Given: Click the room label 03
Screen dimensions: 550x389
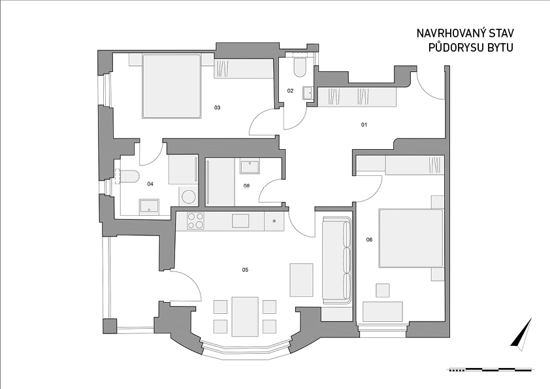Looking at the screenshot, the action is click(217, 107).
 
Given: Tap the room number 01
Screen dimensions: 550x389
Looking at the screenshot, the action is click(364, 124).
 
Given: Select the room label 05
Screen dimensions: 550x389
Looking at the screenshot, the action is click(245, 269).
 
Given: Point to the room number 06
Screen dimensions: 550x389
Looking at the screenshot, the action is click(369, 240).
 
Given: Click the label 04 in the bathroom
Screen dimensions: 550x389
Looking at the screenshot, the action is click(150, 184).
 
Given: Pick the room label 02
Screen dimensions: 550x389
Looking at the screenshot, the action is click(290, 91).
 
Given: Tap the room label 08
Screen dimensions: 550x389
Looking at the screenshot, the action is click(247, 186).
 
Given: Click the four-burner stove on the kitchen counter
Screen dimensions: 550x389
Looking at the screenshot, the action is click(195, 221).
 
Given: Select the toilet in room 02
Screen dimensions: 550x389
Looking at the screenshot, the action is click(300, 67).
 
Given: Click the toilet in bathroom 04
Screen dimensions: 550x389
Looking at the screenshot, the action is click(129, 177).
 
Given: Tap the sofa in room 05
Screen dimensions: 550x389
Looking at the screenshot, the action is click(337, 260).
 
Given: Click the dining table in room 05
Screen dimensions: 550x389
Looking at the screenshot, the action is click(245, 316).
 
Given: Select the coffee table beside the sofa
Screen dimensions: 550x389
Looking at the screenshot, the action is click(301, 280).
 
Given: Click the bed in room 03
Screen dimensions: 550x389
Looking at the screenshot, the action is click(172, 86).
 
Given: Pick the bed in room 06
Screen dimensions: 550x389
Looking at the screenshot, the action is click(411, 239).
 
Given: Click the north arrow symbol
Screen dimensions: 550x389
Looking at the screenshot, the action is click(522, 335).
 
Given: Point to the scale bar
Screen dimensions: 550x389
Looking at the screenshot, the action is click(491, 369).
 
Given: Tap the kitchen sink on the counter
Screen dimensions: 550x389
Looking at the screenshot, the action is click(240, 221).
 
